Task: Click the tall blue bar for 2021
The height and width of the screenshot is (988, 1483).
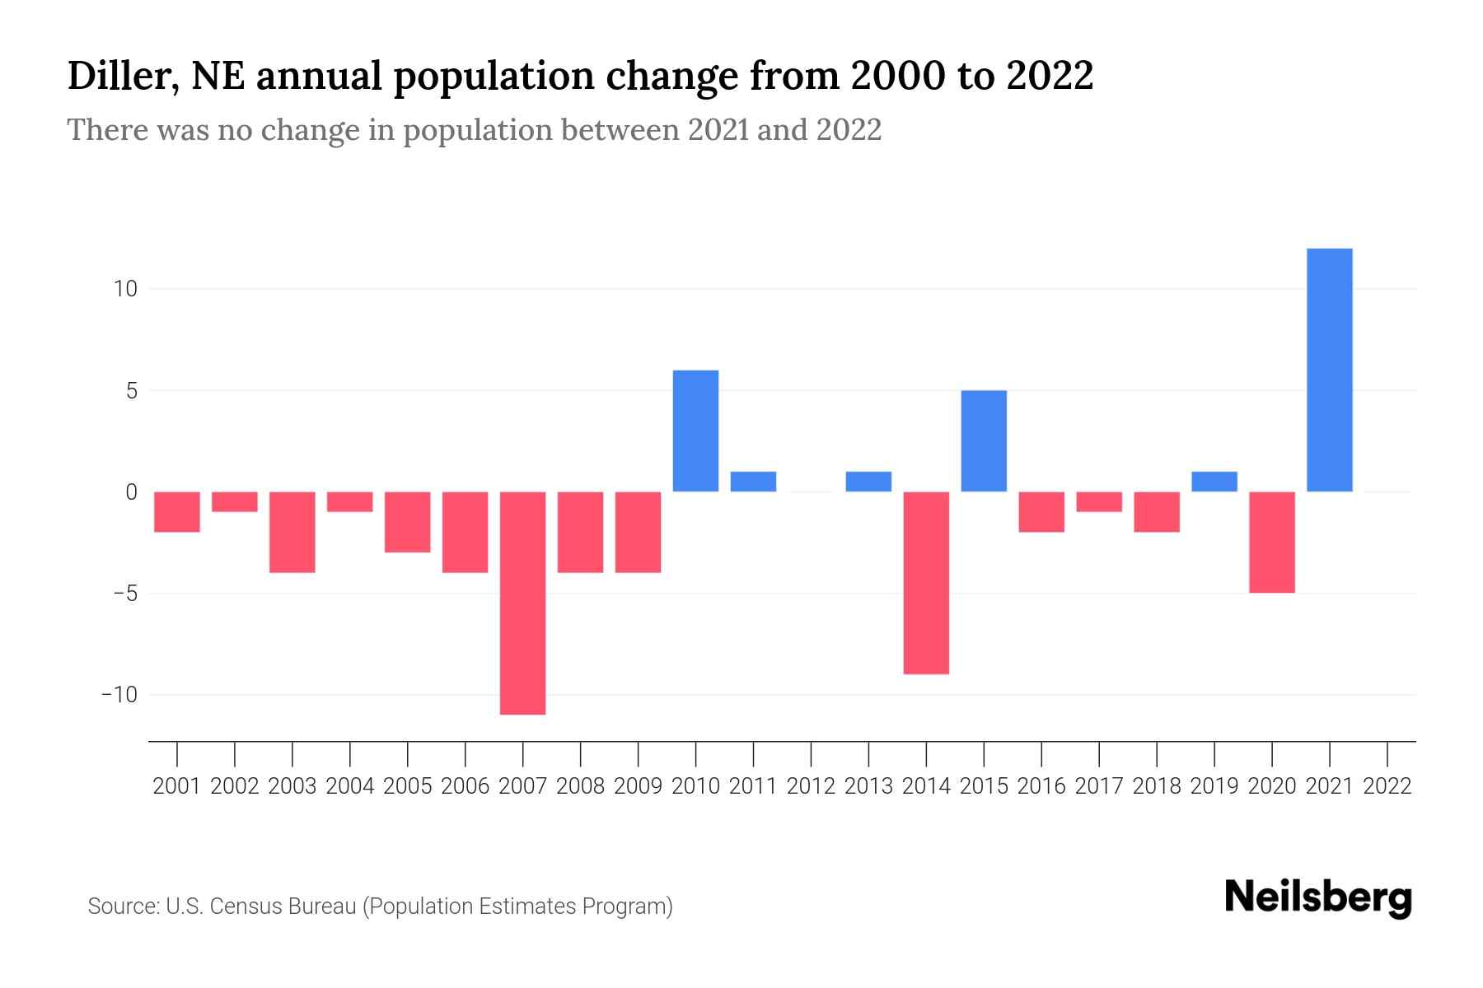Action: coord(1329,370)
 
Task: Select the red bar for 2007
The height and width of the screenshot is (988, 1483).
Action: coord(523,603)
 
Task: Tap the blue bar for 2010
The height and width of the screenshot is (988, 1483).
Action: coord(696,431)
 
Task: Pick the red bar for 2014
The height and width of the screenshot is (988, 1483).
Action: coord(926,583)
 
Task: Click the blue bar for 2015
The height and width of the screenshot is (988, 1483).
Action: coord(984,441)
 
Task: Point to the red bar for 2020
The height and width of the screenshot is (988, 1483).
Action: coord(1272,542)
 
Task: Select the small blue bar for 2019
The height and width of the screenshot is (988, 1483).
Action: coord(1214,482)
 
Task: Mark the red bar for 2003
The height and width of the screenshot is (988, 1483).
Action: coord(292,532)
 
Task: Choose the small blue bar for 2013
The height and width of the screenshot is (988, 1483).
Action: coord(868,482)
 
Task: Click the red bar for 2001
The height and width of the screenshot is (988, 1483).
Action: coord(177,512)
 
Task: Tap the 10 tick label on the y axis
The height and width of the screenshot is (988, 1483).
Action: coord(125,289)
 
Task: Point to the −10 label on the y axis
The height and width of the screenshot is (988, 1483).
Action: coord(119,695)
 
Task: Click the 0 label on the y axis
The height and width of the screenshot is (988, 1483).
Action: coord(131,492)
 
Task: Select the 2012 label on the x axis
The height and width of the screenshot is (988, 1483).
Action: coord(811,786)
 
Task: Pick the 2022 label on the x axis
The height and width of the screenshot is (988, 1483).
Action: coord(1387,786)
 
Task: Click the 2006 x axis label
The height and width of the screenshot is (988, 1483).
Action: coord(465,786)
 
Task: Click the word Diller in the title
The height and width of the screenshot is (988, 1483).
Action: coord(124,77)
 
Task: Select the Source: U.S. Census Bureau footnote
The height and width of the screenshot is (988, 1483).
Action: coord(380,906)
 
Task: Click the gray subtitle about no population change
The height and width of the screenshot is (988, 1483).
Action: coord(474,130)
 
